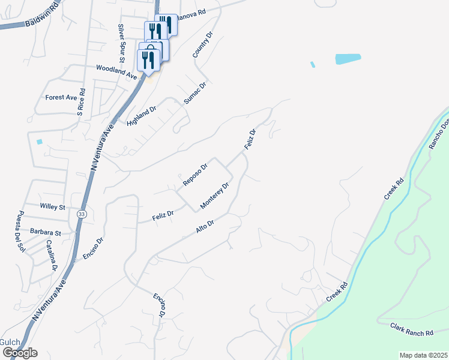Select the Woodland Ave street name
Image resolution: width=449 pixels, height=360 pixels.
pos(116,70)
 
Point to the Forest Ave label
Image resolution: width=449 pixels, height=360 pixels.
pos(61,97)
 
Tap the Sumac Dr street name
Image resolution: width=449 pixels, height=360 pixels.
pos(195,93)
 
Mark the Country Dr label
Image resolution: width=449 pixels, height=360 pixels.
pos(203,45)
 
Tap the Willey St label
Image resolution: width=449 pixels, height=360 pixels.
pos(52,206)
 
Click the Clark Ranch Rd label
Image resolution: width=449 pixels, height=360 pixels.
pos(411,330)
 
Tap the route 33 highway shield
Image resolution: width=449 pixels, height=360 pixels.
pos(82,214)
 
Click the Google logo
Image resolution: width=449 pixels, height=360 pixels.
pos(20,352)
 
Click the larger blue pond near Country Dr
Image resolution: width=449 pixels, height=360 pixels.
pos(348,59)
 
